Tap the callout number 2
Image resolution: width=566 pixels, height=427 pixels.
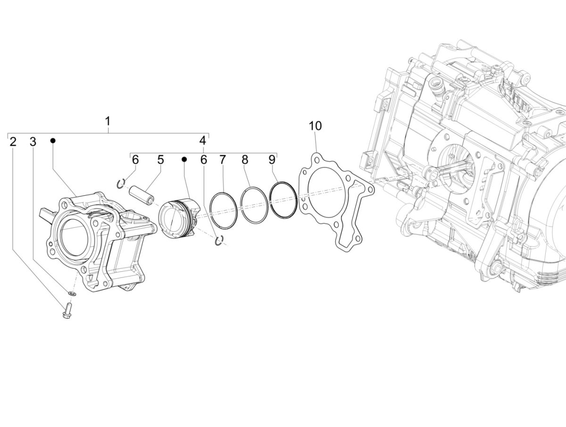coord(13,142)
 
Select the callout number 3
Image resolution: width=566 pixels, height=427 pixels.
coord(33,142)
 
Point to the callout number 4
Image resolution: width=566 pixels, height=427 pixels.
coord(202,141)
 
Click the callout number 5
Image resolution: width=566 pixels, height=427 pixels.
coord(160,160)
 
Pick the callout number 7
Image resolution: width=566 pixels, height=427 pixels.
coord(223,160)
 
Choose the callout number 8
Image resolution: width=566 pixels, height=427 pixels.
coord(244,160)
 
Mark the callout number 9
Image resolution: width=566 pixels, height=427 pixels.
coord(272,160)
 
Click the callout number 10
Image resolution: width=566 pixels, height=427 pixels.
coord(315,126)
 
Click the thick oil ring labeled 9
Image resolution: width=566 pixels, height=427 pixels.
coord(283,200)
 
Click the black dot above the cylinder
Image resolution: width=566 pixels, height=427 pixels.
coord(53,141)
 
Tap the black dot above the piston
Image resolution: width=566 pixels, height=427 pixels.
coord(184,159)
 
